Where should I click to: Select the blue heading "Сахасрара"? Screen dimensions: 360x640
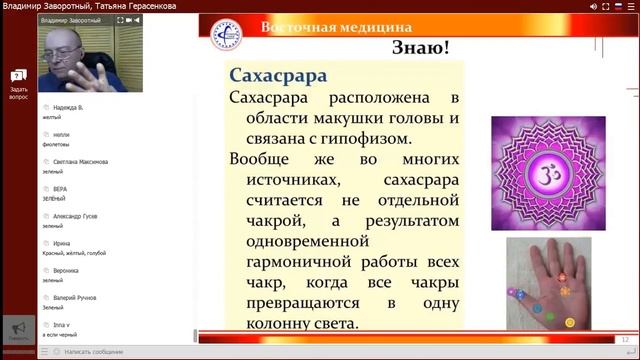point(279,76)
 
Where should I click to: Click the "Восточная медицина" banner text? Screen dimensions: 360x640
point(336,28)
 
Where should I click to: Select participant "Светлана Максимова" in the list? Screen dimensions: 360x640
point(80,161)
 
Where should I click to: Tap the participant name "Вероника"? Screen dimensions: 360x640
point(67,271)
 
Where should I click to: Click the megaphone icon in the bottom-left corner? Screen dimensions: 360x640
point(17,329)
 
